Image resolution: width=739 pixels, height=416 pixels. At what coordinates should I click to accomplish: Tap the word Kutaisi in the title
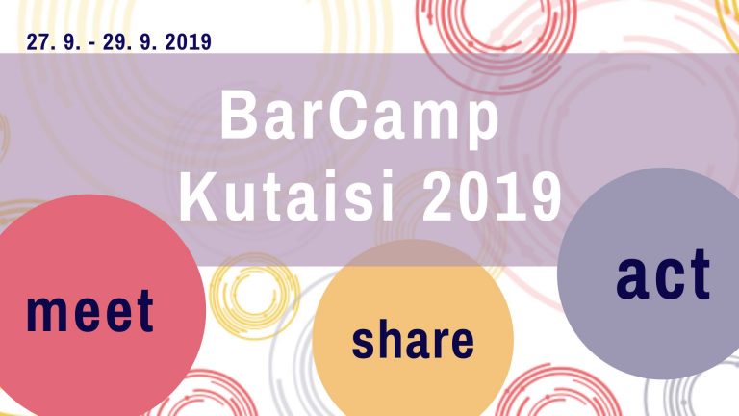coord(287,195)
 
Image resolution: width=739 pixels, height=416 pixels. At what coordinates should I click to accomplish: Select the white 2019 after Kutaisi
coord(492,196)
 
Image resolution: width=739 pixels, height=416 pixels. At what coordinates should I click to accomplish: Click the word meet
coord(90,310)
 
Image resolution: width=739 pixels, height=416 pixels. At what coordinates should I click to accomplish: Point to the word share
coord(413,338)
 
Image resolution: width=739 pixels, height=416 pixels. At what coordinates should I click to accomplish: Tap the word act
coord(663,274)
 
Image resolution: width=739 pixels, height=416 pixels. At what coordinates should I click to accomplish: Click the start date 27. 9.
coord(53,42)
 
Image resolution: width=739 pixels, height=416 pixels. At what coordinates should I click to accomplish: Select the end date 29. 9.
coord(130,42)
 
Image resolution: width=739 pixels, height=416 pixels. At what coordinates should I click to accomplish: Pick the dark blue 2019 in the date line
coord(188,42)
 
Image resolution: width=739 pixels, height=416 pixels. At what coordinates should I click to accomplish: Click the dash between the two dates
coord(92,43)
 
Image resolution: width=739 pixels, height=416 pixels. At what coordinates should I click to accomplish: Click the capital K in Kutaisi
coord(197,196)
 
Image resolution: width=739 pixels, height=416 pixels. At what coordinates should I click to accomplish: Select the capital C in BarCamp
coord(346,115)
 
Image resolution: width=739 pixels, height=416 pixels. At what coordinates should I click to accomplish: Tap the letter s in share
coord(364,343)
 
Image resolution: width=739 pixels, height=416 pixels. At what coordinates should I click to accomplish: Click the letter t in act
coord(699,274)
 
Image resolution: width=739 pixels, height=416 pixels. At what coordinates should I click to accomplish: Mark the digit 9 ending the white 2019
coord(546,196)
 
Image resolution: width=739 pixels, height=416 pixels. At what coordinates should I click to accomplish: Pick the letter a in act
coord(631,280)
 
